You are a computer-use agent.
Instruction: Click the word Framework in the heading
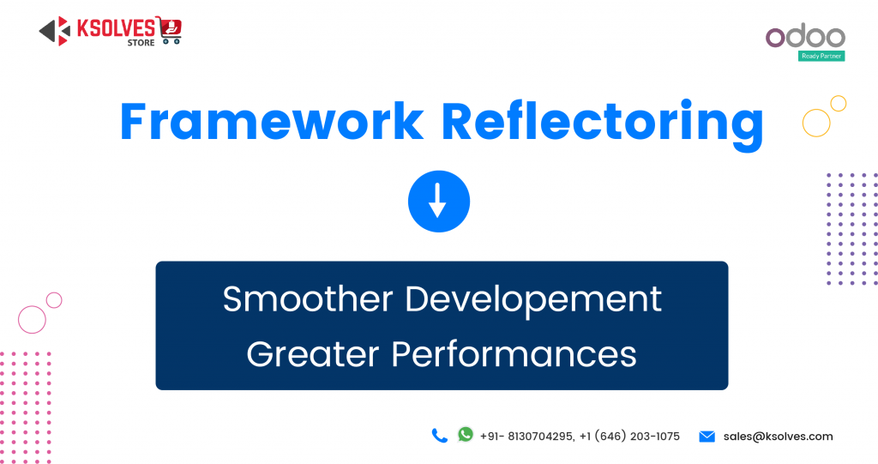point(272,121)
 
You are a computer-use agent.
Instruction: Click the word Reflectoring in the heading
point(603,124)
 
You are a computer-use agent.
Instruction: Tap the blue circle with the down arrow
point(439,202)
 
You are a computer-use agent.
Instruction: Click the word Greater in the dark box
point(312,354)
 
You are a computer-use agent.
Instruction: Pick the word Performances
point(514,355)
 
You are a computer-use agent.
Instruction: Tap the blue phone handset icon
point(440,436)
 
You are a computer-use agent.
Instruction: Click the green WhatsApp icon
point(466,434)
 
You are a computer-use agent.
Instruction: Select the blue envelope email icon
point(707,436)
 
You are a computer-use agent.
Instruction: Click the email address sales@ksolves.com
point(778,436)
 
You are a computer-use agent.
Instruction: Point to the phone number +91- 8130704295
point(526,436)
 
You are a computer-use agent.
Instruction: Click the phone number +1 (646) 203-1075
point(629,436)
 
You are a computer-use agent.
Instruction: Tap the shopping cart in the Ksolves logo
point(169,30)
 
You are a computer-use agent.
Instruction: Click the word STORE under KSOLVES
point(141,43)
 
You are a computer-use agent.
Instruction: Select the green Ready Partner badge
point(821,56)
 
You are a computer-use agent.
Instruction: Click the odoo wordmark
point(805,35)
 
